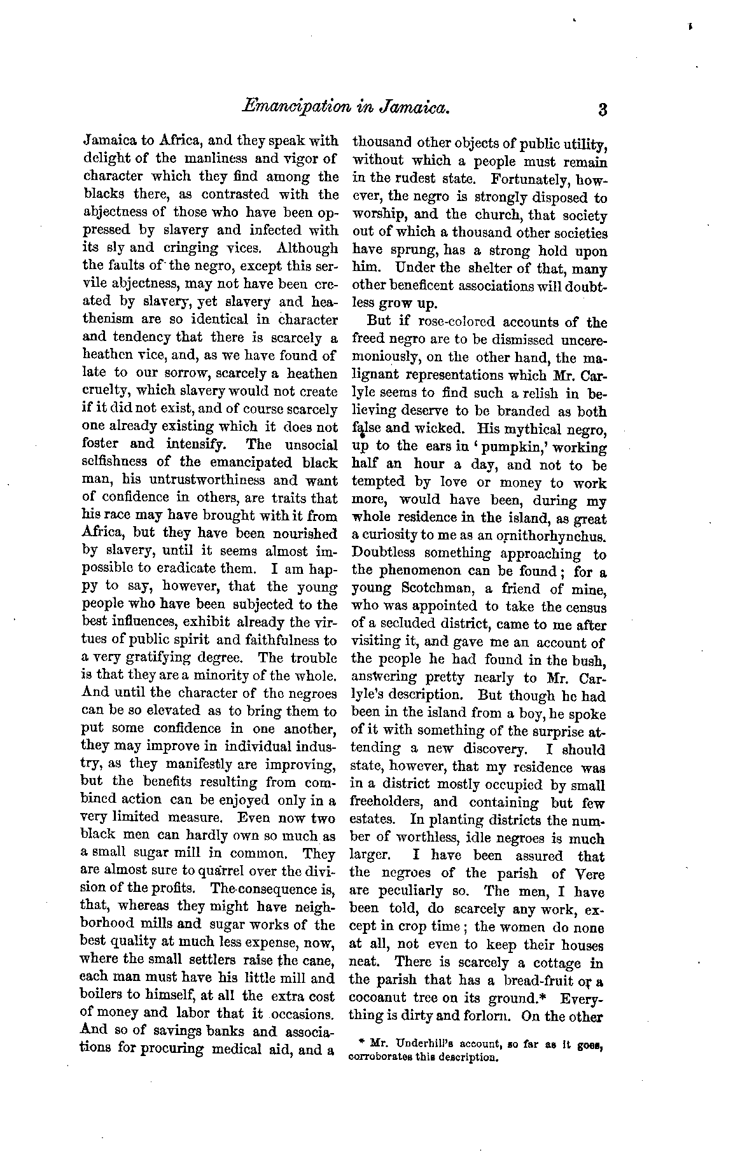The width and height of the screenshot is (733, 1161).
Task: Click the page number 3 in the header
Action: point(602,110)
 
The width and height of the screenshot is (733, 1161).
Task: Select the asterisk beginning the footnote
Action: point(361,1043)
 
